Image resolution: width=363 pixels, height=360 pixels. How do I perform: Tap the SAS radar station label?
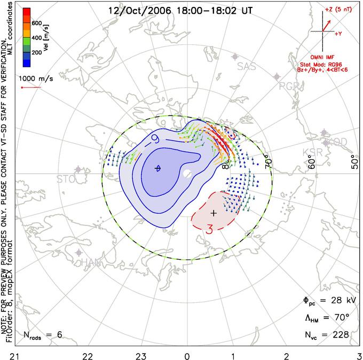click(x=247, y=67)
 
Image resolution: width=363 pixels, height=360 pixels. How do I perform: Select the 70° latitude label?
click(x=269, y=160)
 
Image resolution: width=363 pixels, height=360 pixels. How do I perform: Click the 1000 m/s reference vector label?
click(x=34, y=78)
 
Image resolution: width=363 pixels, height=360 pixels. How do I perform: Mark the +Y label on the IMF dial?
click(x=338, y=34)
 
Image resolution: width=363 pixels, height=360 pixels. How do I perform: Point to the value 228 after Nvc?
click(x=340, y=335)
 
